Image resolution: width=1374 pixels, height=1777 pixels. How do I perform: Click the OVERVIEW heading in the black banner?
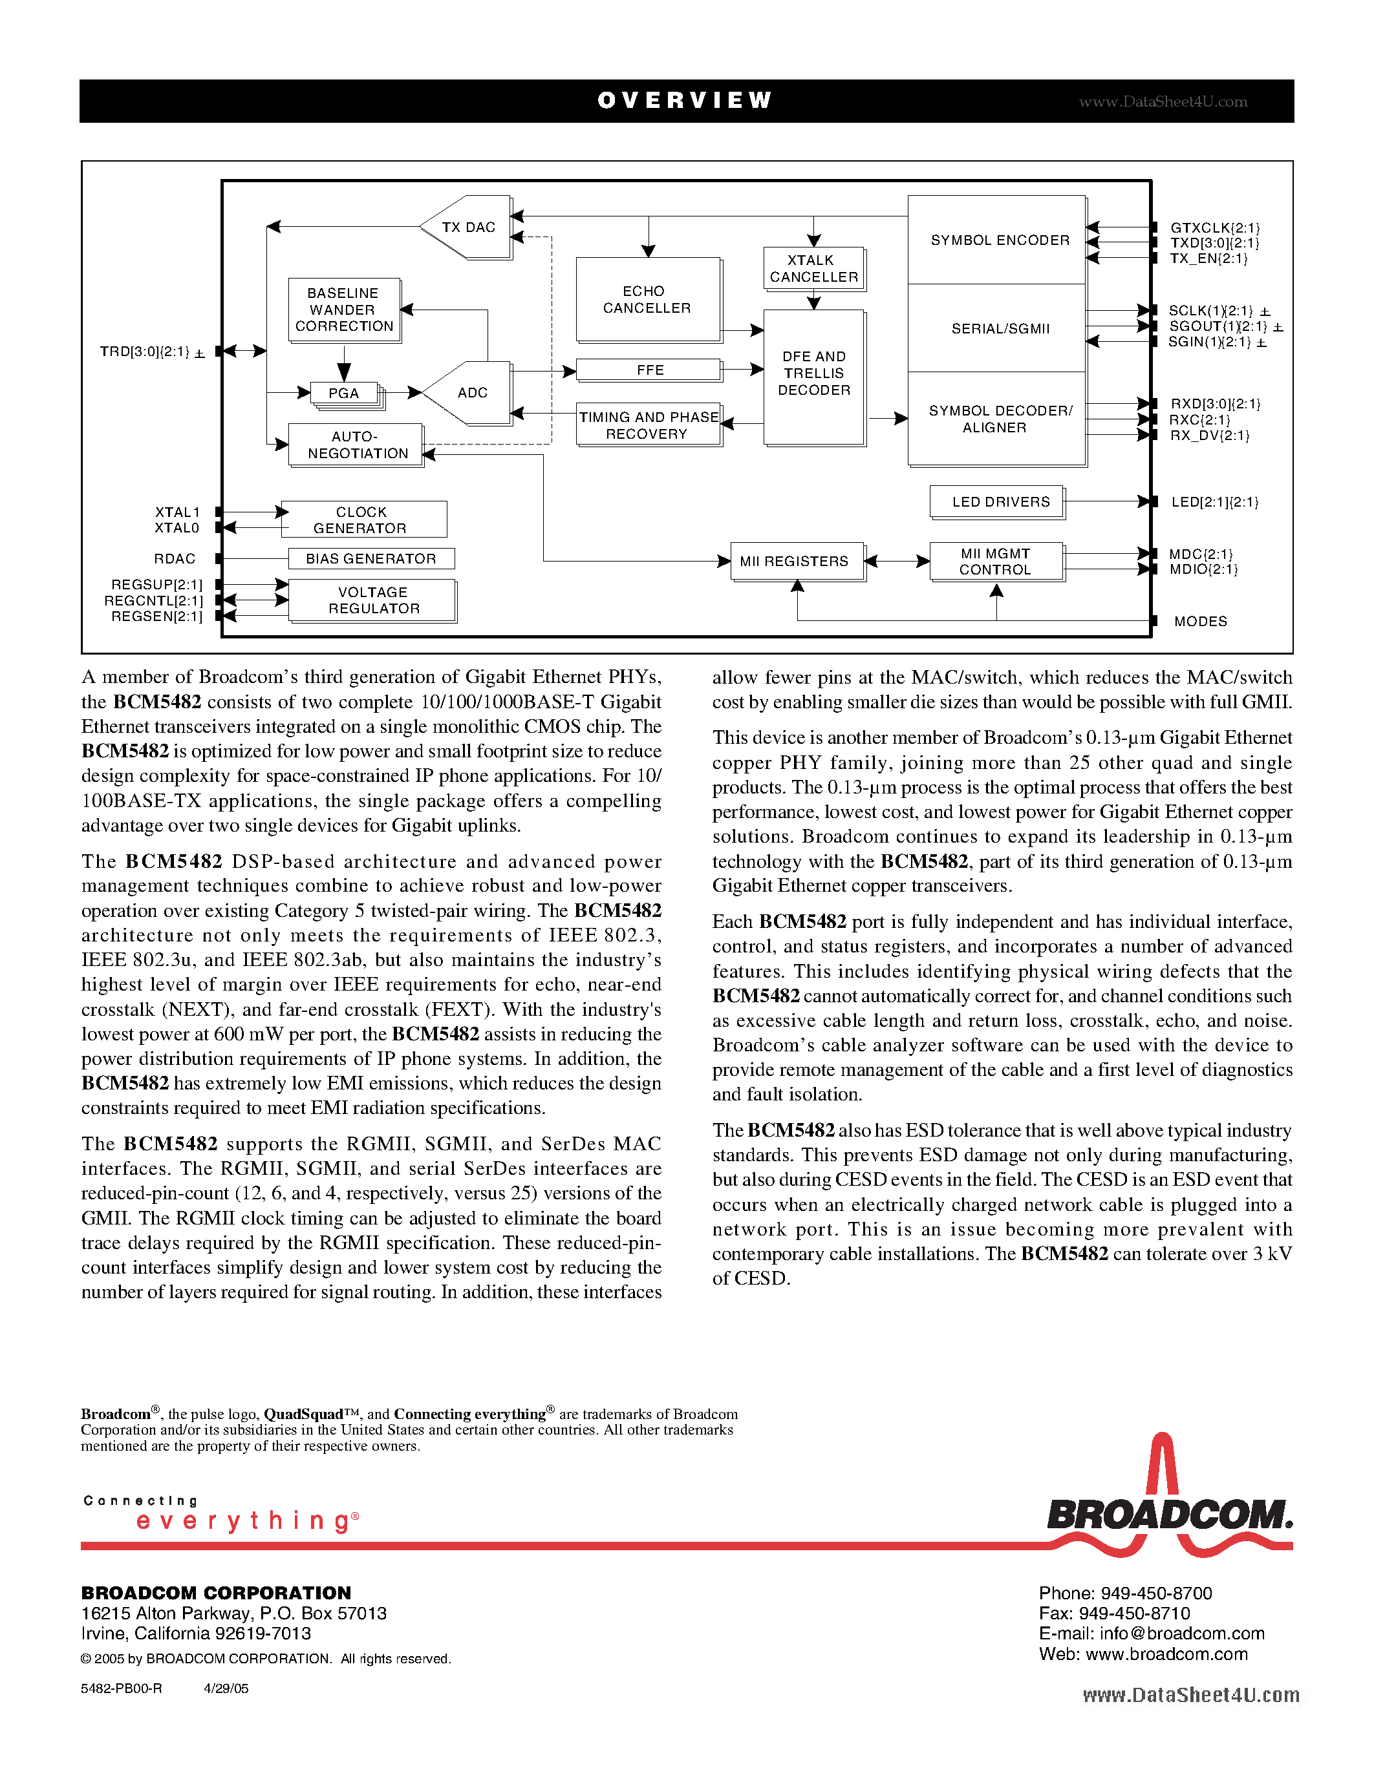tap(685, 100)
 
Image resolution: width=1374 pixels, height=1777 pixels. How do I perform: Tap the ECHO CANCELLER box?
tap(647, 299)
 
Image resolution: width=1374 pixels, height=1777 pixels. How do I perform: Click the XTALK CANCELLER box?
tap(813, 269)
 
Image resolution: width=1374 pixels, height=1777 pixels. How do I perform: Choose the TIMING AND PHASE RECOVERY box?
tap(649, 425)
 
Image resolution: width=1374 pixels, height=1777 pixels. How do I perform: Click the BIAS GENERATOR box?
tap(371, 558)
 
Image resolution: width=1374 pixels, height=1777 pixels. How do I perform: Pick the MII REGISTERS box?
tap(795, 561)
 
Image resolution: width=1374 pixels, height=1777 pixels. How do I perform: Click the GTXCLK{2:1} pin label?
tap(1214, 228)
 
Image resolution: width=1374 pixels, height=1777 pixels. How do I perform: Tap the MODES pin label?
tap(1200, 621)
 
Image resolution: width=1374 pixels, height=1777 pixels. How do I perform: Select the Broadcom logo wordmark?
tap(1168, 1515)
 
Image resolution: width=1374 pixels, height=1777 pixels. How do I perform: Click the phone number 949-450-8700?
tap(1156, 1593)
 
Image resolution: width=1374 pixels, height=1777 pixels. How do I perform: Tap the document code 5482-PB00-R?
tap(122, 1688)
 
